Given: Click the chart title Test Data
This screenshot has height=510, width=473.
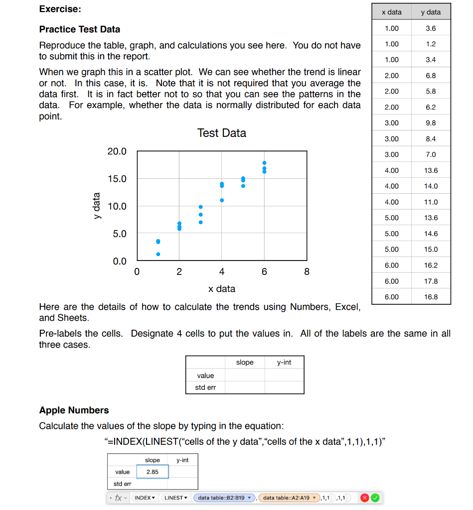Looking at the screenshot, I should tap(221, 133).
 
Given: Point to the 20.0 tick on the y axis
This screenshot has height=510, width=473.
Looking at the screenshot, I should tap(117, 151).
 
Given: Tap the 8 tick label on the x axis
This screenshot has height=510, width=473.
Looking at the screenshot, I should tap(307, 272).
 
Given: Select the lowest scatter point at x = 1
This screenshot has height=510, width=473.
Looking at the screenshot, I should tap(158, 254).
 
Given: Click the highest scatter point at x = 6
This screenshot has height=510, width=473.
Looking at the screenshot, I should tap(264, 163).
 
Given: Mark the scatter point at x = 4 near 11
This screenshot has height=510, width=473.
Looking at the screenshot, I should tap(222, 200).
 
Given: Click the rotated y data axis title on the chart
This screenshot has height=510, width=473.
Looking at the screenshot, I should tap(95, 206).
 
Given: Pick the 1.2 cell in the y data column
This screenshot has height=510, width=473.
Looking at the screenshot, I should tap(431, 44).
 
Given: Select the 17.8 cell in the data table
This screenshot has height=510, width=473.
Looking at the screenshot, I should tap(431, 281).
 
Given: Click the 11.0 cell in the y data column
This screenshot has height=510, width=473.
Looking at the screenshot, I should tap(431, 202).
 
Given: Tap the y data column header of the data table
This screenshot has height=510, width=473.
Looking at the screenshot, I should tap(431, 12).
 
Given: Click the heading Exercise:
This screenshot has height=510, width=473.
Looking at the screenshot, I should tap(60, 9).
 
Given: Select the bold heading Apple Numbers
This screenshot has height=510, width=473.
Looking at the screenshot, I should tap(74, 410).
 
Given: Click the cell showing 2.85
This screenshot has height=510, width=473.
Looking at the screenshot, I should tap(152, 472).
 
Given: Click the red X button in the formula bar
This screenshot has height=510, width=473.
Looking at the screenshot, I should tap(364, 498).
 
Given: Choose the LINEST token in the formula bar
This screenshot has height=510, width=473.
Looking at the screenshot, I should tap(175, 498).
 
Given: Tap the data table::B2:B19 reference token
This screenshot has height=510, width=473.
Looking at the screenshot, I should tap(224, 498).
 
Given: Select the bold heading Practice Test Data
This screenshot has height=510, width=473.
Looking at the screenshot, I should tap(80, 29).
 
